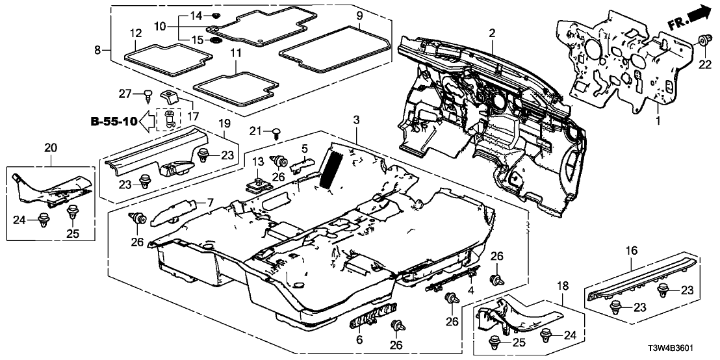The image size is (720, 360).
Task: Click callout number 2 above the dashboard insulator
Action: (492, 33)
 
